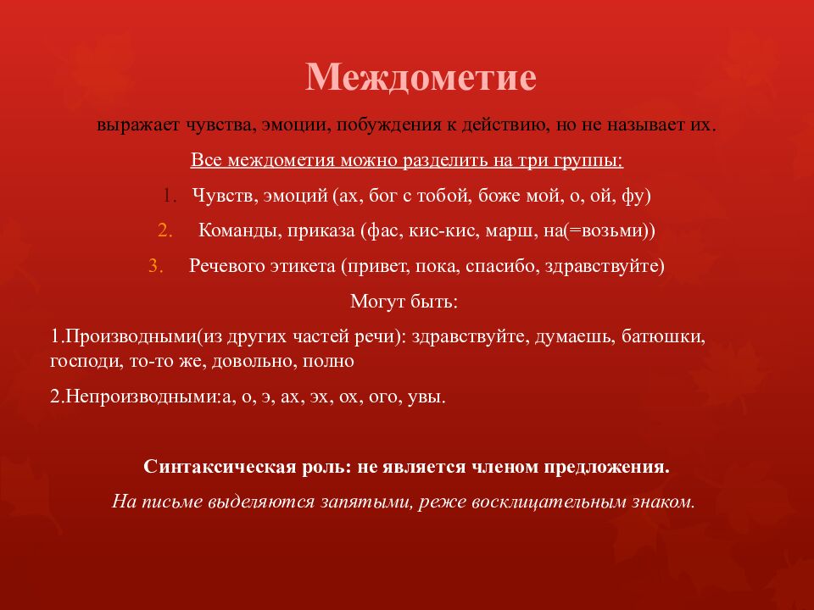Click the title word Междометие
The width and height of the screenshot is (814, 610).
tap(421, 78)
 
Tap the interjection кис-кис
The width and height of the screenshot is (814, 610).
tap(438, 230)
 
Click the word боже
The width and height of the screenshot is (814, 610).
tap(500, 196)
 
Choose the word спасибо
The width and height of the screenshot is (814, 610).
tap(504, 265)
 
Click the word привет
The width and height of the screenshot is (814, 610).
tap(378, 265)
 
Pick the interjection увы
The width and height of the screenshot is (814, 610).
tap(425, 396)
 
